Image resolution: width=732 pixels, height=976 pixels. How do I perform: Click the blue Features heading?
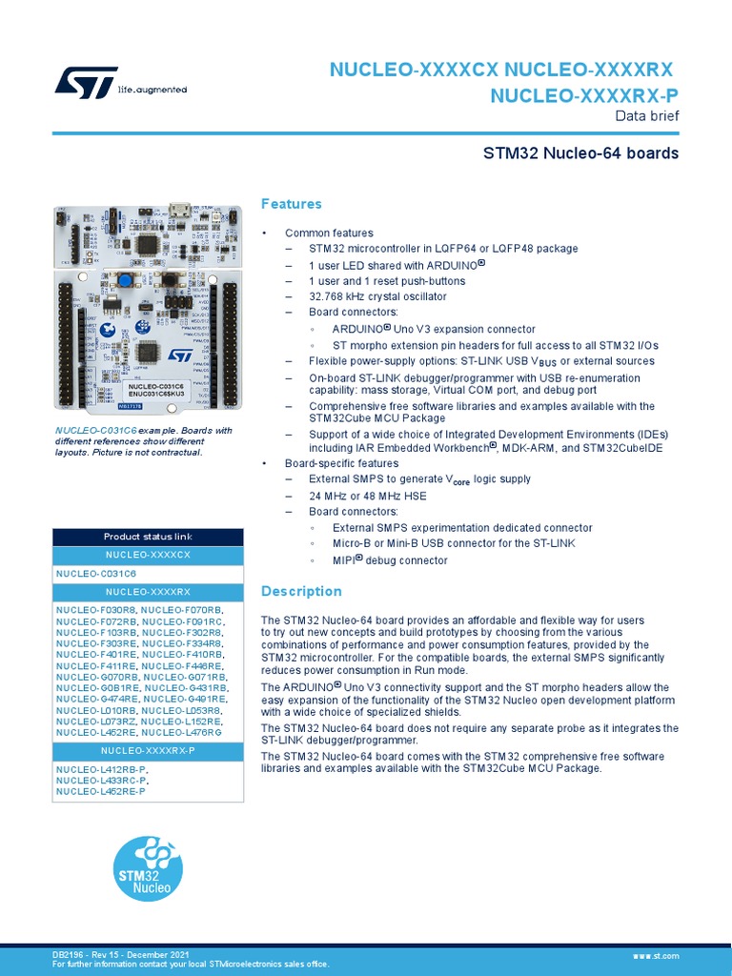coord(292,204)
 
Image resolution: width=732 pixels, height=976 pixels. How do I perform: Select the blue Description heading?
coord(301,592)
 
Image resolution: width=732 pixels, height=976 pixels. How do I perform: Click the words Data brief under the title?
coord(647,116)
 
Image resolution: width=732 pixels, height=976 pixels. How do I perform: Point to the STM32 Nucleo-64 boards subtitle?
coord(580,153)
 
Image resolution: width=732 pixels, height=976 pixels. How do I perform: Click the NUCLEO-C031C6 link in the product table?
coord(96,574)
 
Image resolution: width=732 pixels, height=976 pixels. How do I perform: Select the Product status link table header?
coord(148,537)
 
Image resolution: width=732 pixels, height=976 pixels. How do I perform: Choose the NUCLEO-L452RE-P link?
coord(101,791)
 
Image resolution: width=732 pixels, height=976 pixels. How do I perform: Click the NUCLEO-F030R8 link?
coord(96,609)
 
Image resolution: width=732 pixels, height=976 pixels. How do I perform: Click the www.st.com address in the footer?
coord(656,955)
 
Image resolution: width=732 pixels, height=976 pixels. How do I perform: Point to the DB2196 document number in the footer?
coord(68,955)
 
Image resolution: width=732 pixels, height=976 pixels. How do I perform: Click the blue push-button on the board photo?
coord(126,279)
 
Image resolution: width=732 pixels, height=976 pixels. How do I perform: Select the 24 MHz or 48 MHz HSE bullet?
coord(368,496)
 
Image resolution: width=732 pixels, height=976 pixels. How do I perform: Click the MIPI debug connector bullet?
coord(390,560)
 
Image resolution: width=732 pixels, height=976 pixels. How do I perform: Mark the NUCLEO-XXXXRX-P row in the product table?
coord(148,750)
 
